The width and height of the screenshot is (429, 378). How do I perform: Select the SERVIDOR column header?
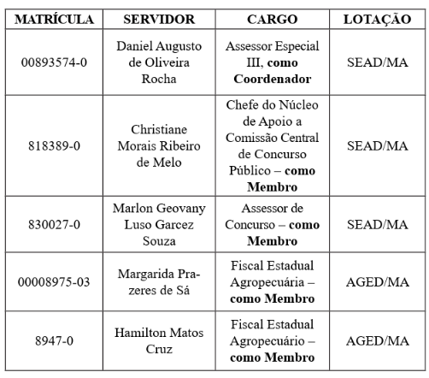(x=159, y=19)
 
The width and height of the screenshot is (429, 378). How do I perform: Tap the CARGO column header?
(x=271, y=19)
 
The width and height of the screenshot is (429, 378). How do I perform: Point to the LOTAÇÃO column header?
(x=377, y=19)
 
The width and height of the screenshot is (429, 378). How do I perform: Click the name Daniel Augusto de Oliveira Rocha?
(x=159, y=62)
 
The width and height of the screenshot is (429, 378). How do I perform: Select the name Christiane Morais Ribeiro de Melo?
(x=159, y=145)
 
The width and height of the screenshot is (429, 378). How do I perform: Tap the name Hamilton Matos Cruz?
(x=159, y=340)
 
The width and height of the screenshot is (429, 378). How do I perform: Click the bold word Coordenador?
(x=272, y=79)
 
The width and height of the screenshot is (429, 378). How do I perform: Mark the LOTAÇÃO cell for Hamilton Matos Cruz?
(x=377, y=340)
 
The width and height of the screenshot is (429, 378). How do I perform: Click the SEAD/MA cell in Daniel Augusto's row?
(x=377, y=62)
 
